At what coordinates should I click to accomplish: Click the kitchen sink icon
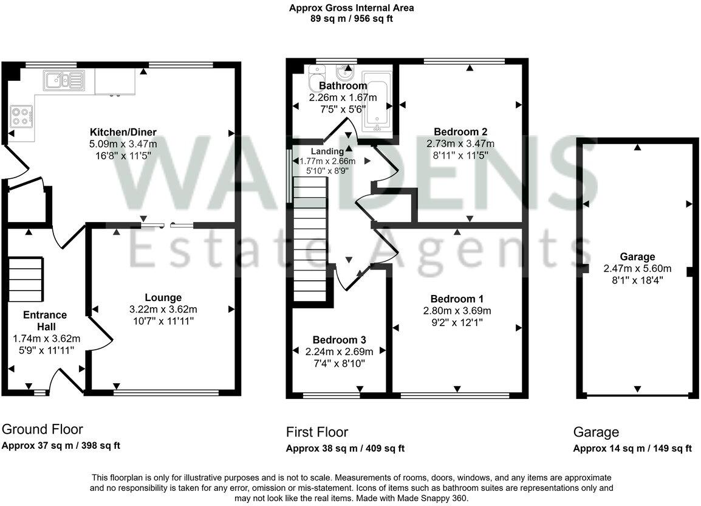pos(63,80)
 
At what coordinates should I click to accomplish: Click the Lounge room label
pos(163,297)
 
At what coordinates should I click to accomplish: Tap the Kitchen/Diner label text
pos(123,132)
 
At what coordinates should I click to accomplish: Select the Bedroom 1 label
pos(457,299)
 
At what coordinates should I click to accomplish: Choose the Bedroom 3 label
pos(338,339)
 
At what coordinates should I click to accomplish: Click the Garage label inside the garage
pos(637,257)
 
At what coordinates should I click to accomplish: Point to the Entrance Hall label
pos(45,321)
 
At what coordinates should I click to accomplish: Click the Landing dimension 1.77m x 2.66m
pos(327,162)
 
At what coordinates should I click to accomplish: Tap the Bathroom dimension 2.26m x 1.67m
pos(343,97)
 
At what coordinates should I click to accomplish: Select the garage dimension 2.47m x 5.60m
pos(637,268)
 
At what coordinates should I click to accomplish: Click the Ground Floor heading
pos(43,429)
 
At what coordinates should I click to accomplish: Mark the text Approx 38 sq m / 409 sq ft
pos(345,449)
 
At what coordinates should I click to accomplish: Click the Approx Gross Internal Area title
pos(352,8)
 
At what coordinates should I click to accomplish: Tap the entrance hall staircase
pos(26,280)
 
